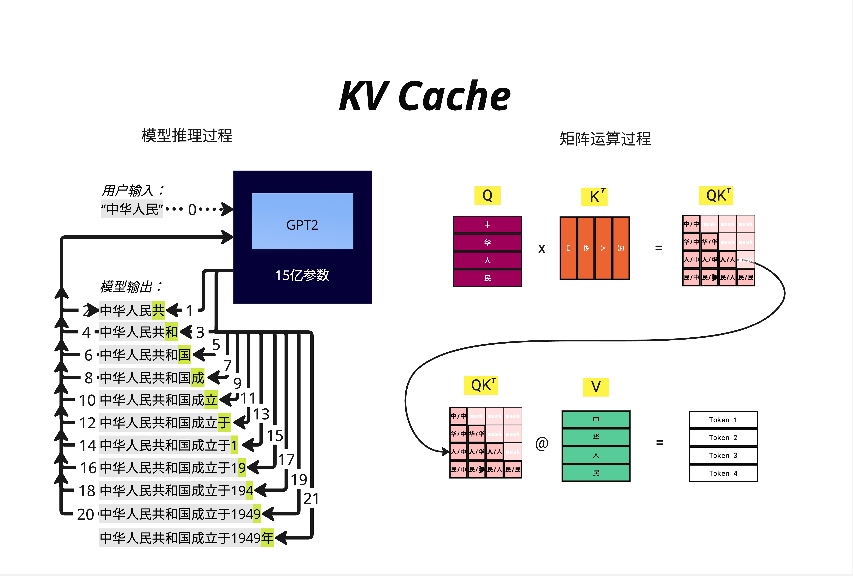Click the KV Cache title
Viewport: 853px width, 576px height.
point(425,96)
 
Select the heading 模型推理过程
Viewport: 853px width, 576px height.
point(187,135)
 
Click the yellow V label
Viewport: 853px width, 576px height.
point(596,387)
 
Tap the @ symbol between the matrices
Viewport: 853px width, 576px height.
point(542,443)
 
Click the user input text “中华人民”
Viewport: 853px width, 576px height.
point(132,209)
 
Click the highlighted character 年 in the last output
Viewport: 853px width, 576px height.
point(267,538)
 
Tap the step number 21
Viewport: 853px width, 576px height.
point(311,499)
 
